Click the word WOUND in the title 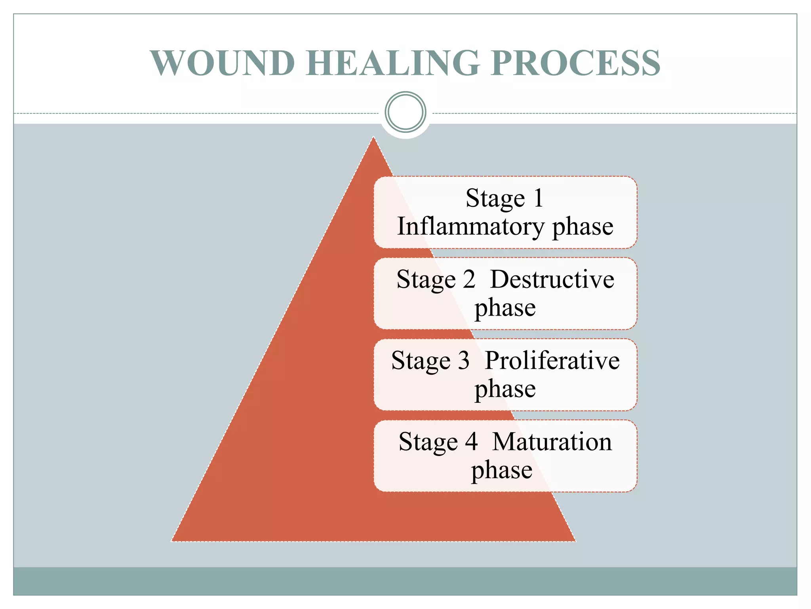point(223,63)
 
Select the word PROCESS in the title point(575,63)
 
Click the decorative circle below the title point(405,112)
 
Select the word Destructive point(552,279)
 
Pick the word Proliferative point(552,360)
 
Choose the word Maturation point(552,442)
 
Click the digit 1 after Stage point(538,198)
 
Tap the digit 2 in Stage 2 point(469,279)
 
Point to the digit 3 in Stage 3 point(464,360)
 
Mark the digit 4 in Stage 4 point(471,442)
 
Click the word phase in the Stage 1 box point(583,228)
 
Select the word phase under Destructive point(505,308)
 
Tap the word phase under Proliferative point(505,390)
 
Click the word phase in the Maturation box point(502,471)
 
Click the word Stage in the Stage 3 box point(421,361)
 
